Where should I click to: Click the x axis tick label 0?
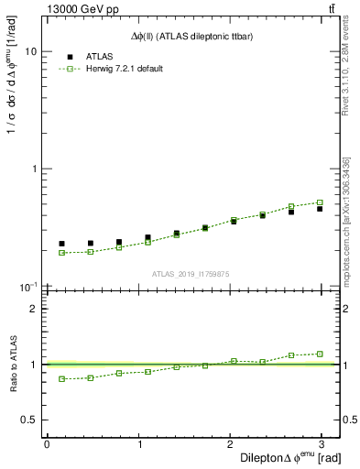pos(47,445)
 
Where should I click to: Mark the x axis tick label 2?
pos(230,445)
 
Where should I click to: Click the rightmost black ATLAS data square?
pos(320,209)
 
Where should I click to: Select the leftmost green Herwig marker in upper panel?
pos(61,253)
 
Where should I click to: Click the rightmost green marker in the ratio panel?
pos(320,354)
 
